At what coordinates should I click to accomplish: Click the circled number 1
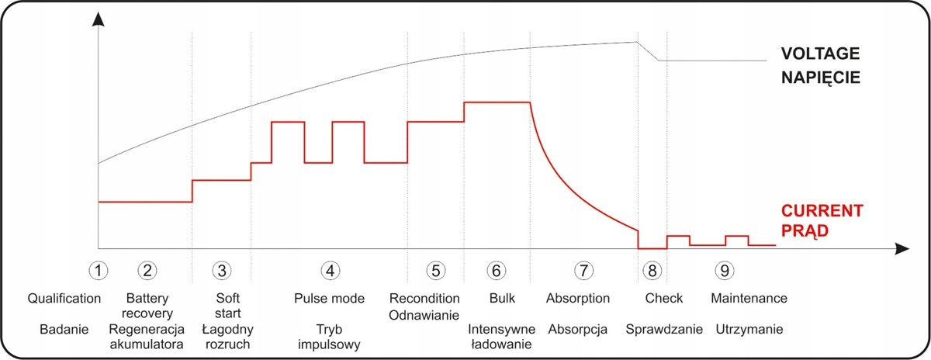tap(98, 270)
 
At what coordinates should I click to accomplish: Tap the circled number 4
tap(331, 270)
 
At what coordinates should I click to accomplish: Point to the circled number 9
tap(725, 270)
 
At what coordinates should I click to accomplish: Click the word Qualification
tap(64, 298)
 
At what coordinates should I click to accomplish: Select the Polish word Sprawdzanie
tap(664, 329)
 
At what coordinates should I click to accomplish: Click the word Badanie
tap(64, 329)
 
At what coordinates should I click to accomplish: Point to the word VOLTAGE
tap(821, 54)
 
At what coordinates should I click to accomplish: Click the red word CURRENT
tap(821, 211)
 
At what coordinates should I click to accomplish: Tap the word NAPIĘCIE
tap(821, 78)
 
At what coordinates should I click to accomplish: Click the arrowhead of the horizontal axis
tap(901, 249)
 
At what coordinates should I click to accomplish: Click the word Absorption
tap(578, 298)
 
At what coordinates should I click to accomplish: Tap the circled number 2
tap(147, 270)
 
